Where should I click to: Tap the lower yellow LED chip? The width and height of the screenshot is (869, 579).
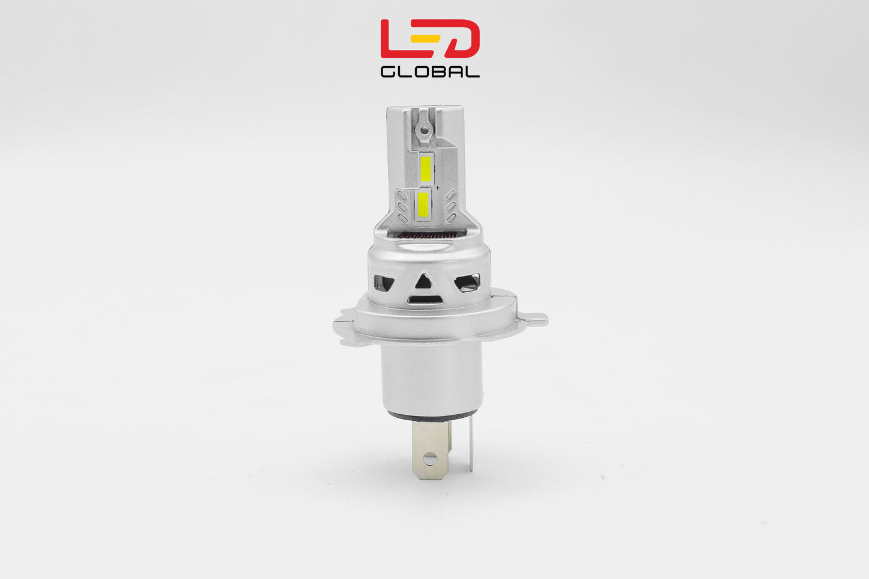pyautogui.click(x=423, y=204)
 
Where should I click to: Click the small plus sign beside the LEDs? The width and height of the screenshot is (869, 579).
pyautogui.click(x=438, y=188)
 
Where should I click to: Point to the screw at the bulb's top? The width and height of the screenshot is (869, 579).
pyautogui.click(x=425, y=129)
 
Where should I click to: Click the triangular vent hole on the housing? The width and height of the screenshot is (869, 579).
pyautogui.click(x=425, y=280)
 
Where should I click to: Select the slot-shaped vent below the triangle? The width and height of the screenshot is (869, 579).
pyautogui.click(x=425, y=299)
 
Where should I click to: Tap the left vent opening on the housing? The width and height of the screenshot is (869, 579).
pyautogui.click(x=383, y=282)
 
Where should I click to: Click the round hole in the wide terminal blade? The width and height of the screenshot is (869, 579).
pyautogui.click(x=429, y=460)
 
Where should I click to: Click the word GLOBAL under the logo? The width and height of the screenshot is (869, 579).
pyautogui.click(x=430, y=72)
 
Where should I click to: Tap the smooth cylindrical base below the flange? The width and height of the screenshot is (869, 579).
pyautogui.click(x=431, y=376)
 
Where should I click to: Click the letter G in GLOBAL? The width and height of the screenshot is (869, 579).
pyautogui.click(x=388, y=72)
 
